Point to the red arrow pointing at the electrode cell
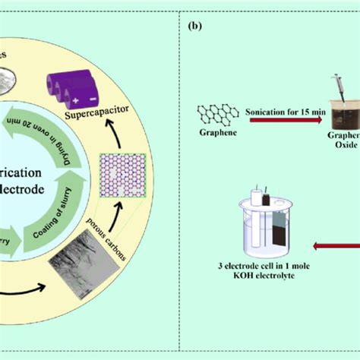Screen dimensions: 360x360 pyautogui.click(x=334, y=245)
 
